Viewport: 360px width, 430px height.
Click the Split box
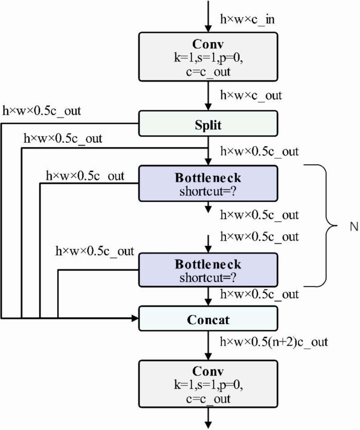tap(208, 123)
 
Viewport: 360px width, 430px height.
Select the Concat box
tap(208, 318)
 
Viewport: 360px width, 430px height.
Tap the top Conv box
tap(208, 57)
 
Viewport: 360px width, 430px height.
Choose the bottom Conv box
tap(208, 384)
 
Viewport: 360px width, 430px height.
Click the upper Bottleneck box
tap(208, 183)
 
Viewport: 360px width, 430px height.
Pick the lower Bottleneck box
tap(208, 270)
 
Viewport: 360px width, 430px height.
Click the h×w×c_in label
tap(247, 20)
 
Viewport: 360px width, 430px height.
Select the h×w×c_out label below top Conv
tap(251, 96)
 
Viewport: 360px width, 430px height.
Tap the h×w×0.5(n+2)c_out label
tap(274, 342)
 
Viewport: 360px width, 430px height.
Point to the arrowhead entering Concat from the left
tap(135, 318)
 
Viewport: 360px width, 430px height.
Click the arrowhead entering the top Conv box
tap(208, 29)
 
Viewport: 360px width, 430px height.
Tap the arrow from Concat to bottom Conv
tap(208, 346)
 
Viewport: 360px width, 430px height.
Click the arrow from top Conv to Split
tap(208, 96)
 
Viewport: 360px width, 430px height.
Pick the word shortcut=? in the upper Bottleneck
tap(208, 191)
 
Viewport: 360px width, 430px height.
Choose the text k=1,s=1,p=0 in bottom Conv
tap(208, 385)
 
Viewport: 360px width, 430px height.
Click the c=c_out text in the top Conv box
tap(208, 72)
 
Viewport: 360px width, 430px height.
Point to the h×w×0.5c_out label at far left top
tap(41, 111)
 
